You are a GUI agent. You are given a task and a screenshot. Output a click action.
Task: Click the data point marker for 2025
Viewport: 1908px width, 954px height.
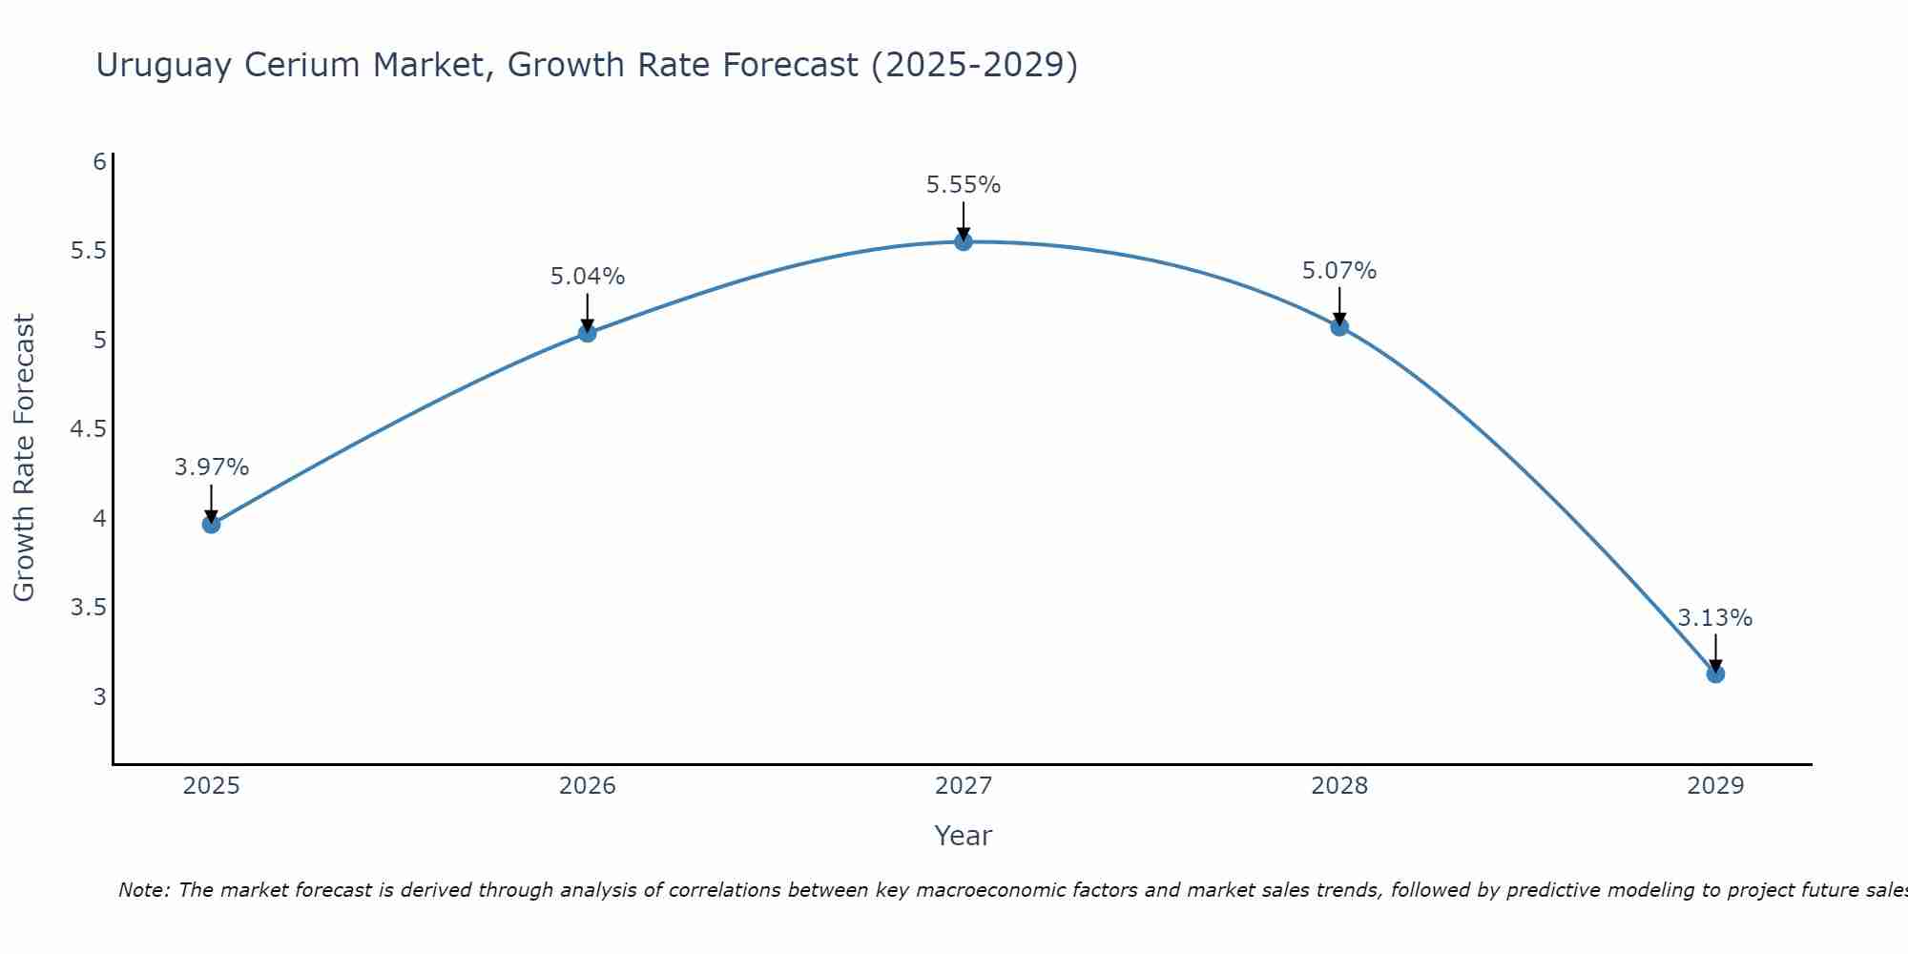212,524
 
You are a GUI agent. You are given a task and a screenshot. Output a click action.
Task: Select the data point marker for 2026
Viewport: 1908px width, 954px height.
588,333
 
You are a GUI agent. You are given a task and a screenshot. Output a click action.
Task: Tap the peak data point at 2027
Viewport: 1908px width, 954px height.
964,242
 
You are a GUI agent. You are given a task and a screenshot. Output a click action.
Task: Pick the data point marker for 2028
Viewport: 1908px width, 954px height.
1339,327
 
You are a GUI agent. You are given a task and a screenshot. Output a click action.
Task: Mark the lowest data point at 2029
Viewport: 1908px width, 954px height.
1715,674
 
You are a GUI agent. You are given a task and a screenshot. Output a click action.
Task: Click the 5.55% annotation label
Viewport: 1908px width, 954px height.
964,185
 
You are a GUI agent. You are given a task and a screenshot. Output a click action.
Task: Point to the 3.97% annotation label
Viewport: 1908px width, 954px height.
212,467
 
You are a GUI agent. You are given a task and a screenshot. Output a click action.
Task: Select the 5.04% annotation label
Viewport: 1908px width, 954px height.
588,277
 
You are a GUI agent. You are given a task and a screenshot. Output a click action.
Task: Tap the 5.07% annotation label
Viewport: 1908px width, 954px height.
1339,271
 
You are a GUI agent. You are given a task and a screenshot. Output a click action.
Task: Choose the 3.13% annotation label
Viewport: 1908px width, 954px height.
1715,618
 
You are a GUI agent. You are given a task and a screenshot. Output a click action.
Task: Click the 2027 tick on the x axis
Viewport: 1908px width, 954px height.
964,786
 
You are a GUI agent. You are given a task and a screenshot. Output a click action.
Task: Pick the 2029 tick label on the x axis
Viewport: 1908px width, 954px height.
1715,786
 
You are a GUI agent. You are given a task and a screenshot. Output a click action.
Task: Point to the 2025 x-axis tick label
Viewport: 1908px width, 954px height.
212,786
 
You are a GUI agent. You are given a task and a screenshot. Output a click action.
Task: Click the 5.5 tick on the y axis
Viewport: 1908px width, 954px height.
88,251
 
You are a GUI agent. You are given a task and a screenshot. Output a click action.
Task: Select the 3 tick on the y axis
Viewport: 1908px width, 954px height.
99,696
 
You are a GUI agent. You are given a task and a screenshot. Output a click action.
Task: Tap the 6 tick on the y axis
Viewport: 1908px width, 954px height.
99,162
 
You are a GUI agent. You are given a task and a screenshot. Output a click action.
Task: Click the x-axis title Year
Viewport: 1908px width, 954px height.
964,836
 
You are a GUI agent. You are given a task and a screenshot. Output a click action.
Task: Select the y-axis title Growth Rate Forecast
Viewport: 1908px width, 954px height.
24,458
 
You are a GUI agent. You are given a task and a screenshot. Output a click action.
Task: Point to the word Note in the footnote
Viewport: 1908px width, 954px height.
143,890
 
